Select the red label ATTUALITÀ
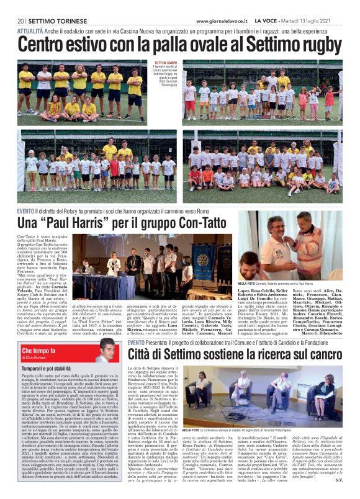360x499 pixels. pyautogui.click(x=30, y=30)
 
